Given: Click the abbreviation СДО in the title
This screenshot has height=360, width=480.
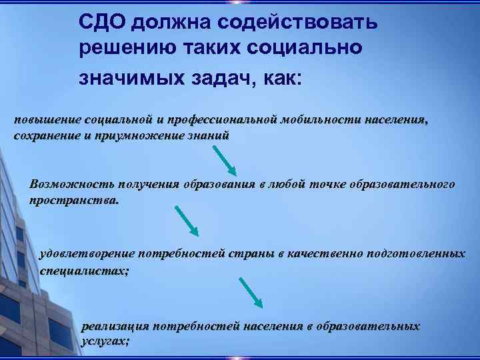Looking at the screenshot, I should (x=102, y=23).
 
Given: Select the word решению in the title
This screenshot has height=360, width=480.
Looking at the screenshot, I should (x=121, y=49).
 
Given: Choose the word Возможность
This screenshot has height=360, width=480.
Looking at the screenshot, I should (x=70, y=184).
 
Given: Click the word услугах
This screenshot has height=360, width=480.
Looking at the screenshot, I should (x=105, y=340).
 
